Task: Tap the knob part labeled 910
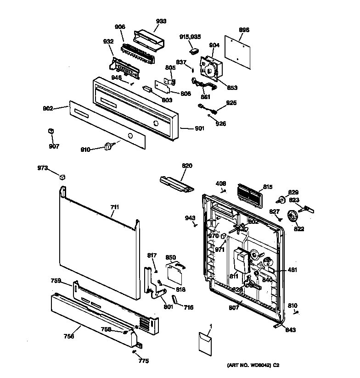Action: (109, 146)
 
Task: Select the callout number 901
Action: (199, 128)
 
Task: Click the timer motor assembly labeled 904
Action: (210, 68)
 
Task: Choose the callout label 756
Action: (68, 336)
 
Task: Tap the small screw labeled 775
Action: (133, 352)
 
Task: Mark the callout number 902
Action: (48, 108)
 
